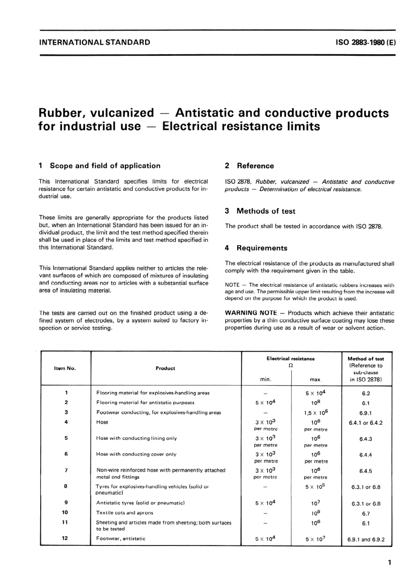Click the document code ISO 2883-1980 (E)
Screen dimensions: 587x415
pos(365,42)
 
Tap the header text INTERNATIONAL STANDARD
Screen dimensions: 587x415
pos(95,42)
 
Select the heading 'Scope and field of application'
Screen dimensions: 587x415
pos(105,166)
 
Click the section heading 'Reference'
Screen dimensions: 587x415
pos(255,166)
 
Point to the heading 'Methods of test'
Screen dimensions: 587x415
pos(266,211)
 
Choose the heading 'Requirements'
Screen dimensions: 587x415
pos(262,248)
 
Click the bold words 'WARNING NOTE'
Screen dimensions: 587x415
pos(251,313)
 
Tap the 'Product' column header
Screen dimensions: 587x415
pos(165,368)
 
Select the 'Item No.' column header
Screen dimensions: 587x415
pos(65,368)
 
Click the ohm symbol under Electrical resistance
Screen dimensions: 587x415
pos(290,366)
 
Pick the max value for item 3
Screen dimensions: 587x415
pos(315,412)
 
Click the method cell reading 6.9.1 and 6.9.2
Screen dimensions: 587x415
pos(366,539)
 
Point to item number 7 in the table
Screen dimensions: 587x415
pos(66,470)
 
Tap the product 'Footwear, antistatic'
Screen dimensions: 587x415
pos(121,538)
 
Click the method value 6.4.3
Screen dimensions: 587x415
pos(366,439)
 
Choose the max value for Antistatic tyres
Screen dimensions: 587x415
pos(315,503)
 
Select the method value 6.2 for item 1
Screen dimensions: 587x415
pos(366,393)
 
